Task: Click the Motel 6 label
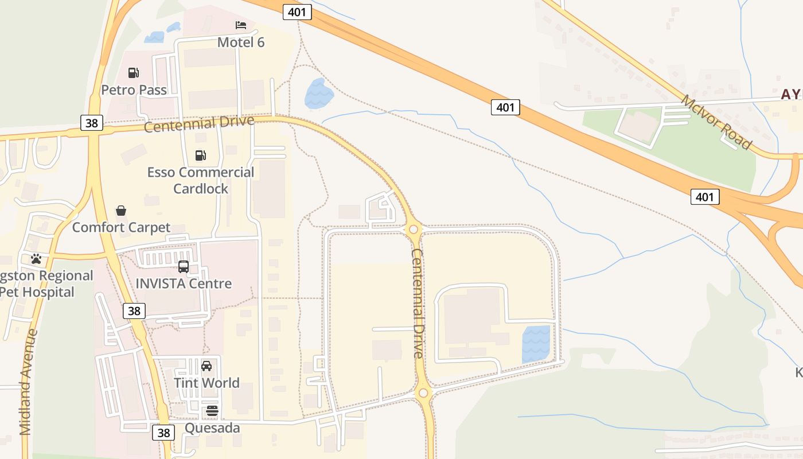coord(241,42)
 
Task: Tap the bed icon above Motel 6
coord(241,25)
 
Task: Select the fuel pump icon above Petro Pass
coord(134,73)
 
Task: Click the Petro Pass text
coord(134,90)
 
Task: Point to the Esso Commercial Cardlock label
coord(201,180)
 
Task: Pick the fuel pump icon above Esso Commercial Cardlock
coord(200,155)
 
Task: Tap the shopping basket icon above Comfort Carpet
coord(121,211)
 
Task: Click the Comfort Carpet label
coord(121,227)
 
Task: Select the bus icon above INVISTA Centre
coord(184,267)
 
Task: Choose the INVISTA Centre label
coord(184,283)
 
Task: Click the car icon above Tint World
coord(206,366)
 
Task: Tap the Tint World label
coord(206,383)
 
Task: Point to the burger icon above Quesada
coord(212,411)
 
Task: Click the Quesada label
coord(212,428)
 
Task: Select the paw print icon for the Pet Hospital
coord(36,259)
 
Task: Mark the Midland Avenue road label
coord(27,382)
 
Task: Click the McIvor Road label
coord(716,122)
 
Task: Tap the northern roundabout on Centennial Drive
coord(413,229)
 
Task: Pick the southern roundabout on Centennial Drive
coord(423,393)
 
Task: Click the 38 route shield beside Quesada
coord(163,433)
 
